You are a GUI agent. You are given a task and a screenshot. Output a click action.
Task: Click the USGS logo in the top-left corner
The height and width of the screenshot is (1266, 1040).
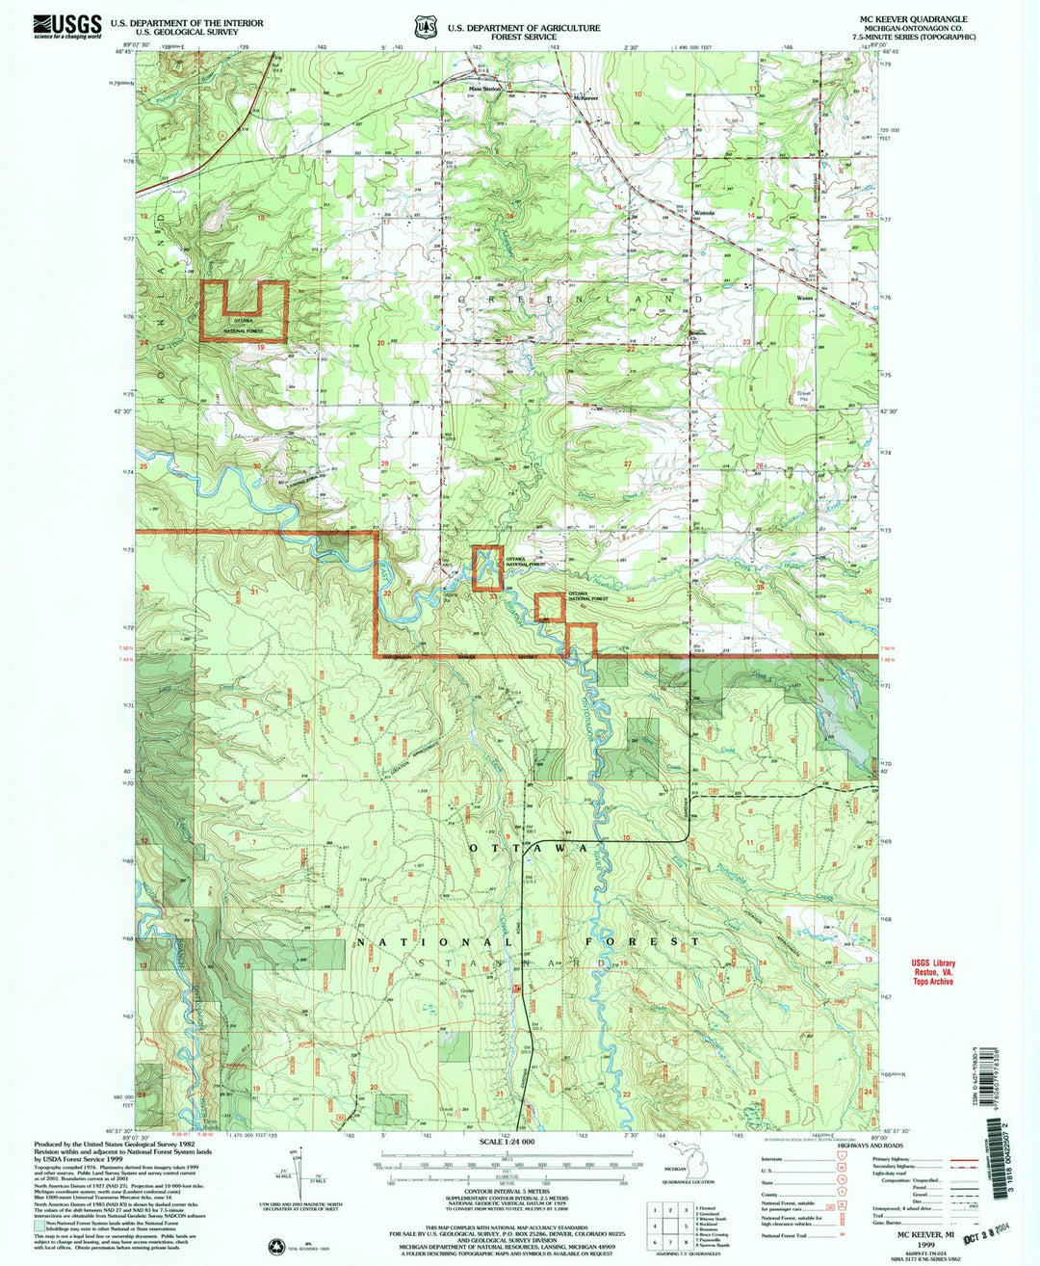(x=66, y=27)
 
